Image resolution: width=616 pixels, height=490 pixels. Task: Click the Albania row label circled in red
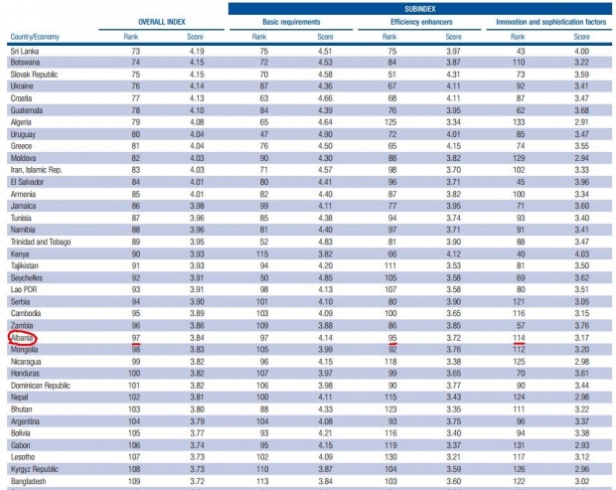(23, 337)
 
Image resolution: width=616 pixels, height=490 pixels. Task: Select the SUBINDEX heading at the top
(421, 7)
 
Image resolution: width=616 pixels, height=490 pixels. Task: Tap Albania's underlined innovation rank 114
(518, 337)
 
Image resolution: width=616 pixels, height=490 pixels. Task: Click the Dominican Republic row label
(46, 385)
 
